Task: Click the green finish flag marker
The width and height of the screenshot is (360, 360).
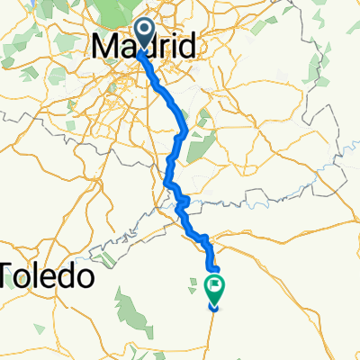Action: click(x=216, y=289)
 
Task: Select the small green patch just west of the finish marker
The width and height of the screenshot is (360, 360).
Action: click(x=193, y=288)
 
